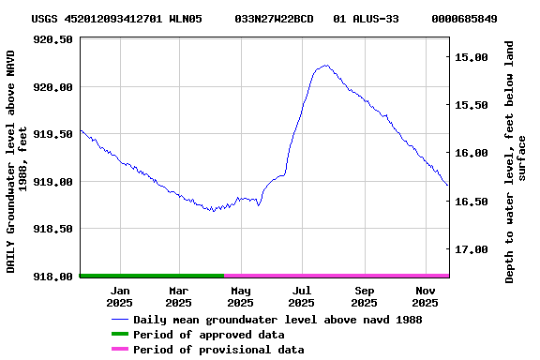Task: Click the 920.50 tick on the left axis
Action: click(x=53, y=39)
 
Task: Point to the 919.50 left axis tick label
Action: click(x=53, y=134)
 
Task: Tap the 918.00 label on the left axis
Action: click(x=53, y=276)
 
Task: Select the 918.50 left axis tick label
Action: click(x=53, y=229)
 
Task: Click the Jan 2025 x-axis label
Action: click(x=119, y=296)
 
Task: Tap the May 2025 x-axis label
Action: click(x=240, y=296)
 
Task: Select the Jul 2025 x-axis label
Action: click(x=301, y=296)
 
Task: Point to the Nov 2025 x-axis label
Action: click(x=426, y=296)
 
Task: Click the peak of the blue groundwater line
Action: click(x=325, y=66)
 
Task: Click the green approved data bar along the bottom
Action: click(x=152, y=276)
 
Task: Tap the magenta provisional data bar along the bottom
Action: click(x=337, y=276)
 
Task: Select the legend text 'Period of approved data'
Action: click(x=208, y=335)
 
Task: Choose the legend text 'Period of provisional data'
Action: click(x=218, y=350)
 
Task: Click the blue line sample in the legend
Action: click(x=118, y=320)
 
